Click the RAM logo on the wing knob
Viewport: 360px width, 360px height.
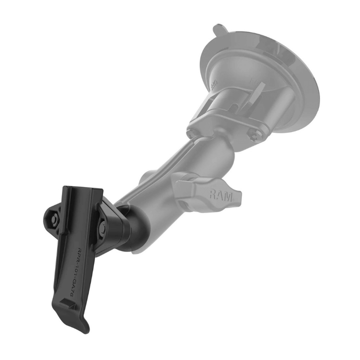coord(220,194)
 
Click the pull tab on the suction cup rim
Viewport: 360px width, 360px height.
coord(218,29)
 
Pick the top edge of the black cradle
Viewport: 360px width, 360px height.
coord(82,188)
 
